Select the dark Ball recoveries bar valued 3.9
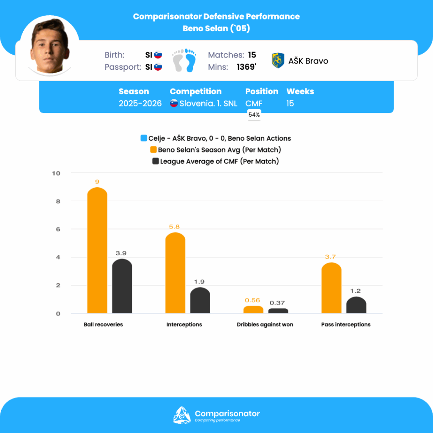pos(122,286)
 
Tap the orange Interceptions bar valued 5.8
pos(175,273)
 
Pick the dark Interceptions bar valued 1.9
pos(200,301)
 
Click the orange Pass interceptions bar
pos(331,288)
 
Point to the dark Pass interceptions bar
pos(356,305)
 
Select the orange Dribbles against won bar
pos(253,310)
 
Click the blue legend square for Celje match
pos(144,138)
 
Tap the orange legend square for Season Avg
pos(154,150)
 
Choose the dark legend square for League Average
pos(155,161)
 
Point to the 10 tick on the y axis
pos(56,173)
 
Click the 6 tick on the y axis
pos(58,229)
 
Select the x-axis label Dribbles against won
pos(265,325)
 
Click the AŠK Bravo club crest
pos(278,61)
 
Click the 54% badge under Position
pos(254,115)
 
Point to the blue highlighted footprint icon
pos(191,60)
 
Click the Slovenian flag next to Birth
pos(158,55)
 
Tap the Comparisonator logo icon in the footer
pos(182,415)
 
